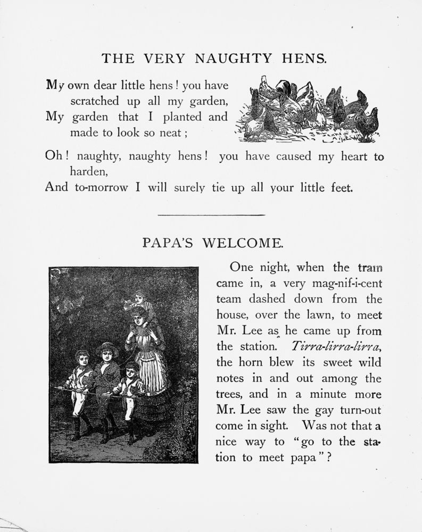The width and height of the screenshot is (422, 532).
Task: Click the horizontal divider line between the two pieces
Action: [212, 215]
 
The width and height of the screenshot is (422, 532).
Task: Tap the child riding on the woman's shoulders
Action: [139, 301]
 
